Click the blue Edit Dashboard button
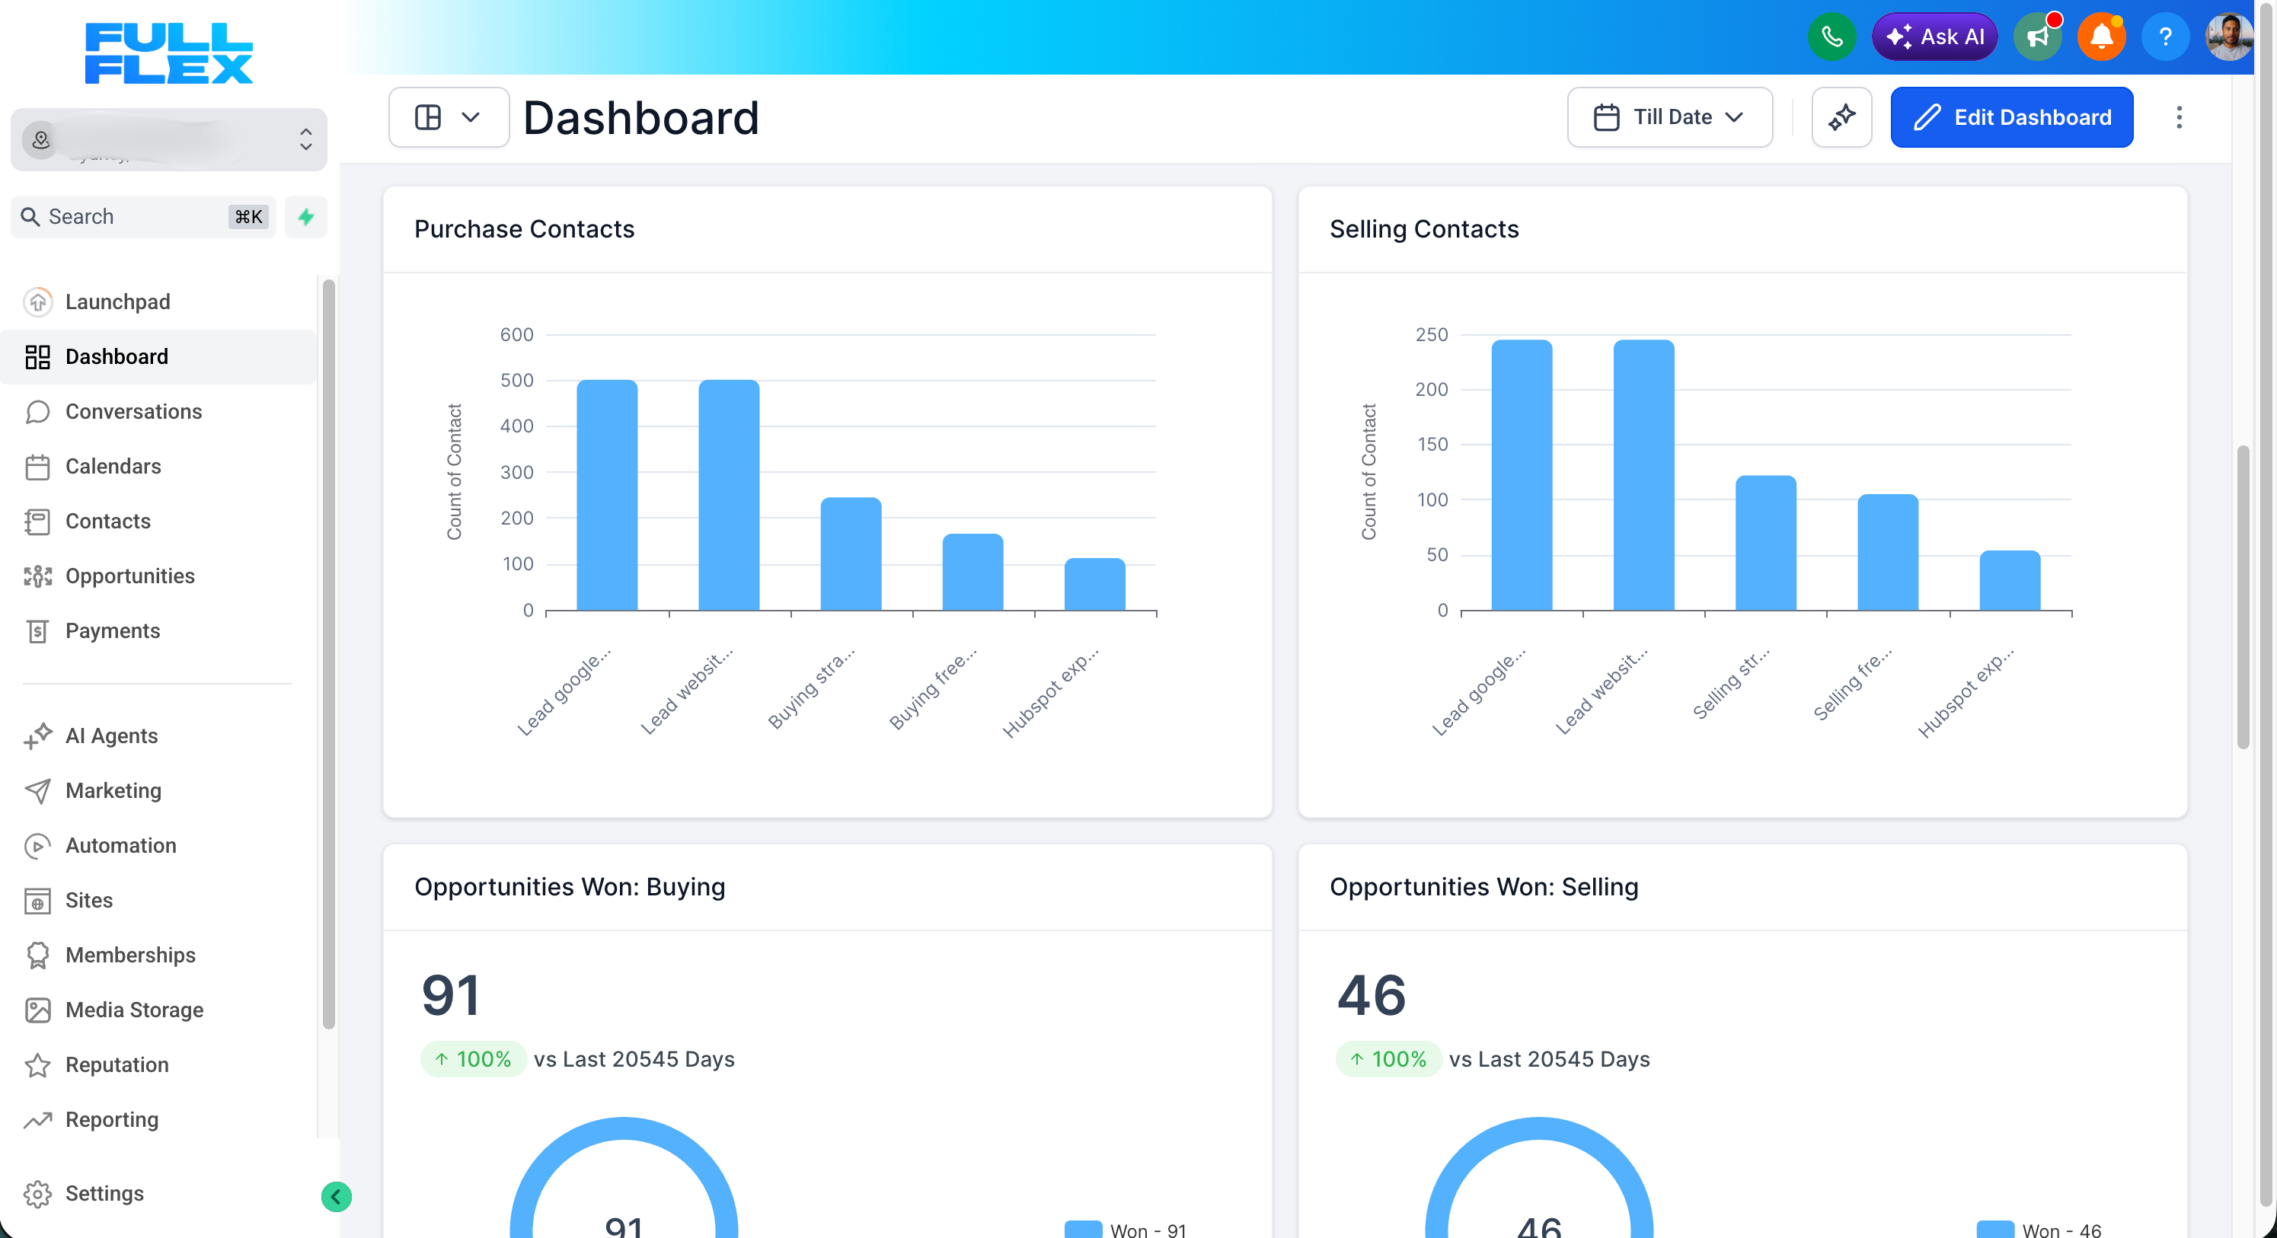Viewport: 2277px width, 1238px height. coord(2011,117)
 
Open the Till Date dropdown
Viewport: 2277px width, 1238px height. coord(1669,117)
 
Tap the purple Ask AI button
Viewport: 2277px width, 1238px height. coord(1934,37)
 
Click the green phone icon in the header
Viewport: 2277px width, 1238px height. coord(1831,37)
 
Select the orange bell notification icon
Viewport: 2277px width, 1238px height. coord(2101,37)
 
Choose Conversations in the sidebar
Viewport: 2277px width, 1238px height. coord(133,412)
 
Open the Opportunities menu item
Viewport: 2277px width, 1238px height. coord(130,576)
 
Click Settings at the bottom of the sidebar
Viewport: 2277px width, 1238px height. coord(104,1193)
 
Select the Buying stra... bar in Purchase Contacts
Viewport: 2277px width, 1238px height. coord(851,554)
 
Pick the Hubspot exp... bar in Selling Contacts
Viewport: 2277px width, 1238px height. coord(2009,581)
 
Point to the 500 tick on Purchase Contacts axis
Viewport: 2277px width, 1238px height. coord(517,381)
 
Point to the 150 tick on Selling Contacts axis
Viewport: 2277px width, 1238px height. coord(1432,445)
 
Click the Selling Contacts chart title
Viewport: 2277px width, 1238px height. coord(1424,230)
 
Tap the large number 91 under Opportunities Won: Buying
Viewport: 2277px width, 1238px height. coord(451,995)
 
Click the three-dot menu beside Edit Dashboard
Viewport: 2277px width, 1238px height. coord(2179,117)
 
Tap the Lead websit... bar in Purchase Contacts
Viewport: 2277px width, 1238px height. coord(728,495)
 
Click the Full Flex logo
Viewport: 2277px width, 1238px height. coord(169,54)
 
